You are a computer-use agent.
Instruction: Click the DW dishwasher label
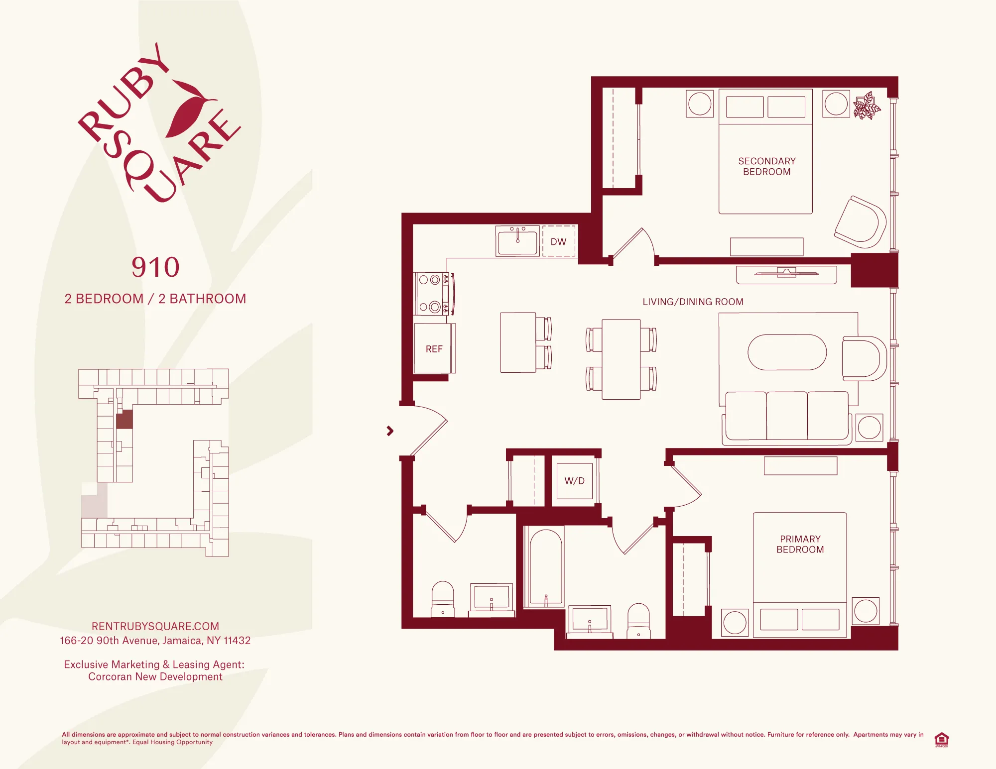(558, 241)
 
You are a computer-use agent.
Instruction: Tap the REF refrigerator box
(433, 348)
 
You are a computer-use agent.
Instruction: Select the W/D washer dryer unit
(574, 481)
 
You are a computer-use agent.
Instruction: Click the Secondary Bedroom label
(766, 166)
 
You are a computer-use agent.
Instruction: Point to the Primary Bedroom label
(800, 544)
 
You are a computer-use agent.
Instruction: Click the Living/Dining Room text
(693, 302)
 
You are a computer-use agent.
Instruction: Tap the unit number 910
(155, 267)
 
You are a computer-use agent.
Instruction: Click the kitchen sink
(517, 241)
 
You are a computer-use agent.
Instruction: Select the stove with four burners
(431, 294)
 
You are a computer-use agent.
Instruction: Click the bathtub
(546, 567)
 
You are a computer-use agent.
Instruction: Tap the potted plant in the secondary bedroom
(867, 106)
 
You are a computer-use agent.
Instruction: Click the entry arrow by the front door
(390, 431)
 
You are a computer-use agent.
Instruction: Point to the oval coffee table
(787, 352)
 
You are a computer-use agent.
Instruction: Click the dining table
(621, 359)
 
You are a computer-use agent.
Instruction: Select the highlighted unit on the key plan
(124, 419)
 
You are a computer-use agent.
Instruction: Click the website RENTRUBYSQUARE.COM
(155, 626)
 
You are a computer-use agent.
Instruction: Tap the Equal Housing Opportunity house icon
(941, 739)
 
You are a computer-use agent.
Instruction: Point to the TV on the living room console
(786, 273)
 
